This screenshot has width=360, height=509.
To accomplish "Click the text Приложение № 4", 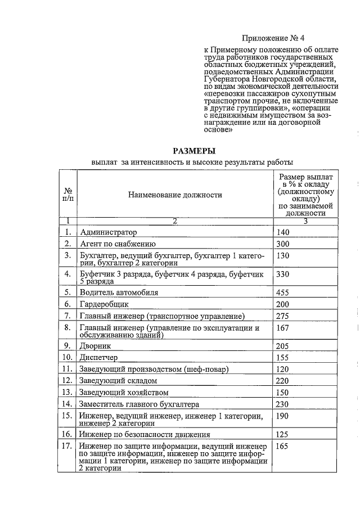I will [273, 38].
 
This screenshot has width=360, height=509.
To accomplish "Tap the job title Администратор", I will [109, 232].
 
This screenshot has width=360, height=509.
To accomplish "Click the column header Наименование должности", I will [175, 195].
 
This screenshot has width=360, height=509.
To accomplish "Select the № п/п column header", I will [67, 195].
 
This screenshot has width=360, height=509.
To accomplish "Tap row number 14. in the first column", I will [68, 404].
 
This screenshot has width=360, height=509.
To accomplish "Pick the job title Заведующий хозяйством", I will [124, 393].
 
